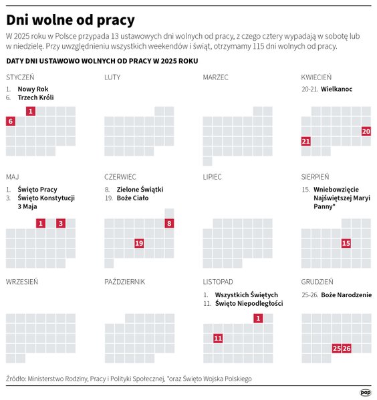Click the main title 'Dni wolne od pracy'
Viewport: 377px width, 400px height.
70,19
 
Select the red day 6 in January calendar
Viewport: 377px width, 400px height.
10,121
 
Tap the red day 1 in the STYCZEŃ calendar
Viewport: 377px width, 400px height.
30,111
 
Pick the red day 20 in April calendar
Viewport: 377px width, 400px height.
366,132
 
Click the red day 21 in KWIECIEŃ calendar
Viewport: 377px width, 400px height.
306,142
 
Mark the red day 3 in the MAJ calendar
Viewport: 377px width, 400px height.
60,223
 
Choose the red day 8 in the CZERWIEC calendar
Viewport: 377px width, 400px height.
169,223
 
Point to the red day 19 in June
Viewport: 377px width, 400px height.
139,243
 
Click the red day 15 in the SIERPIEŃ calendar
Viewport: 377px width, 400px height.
346,243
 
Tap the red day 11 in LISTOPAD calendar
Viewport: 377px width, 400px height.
218,339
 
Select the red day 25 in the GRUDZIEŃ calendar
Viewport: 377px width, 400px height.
336,349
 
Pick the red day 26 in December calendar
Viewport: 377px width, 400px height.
346,349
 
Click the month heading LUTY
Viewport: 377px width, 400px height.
112,77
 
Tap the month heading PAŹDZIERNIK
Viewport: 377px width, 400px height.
124,282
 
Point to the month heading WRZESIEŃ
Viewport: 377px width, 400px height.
21,282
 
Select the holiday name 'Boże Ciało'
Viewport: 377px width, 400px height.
132,198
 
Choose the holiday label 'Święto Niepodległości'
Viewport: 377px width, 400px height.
249,304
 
